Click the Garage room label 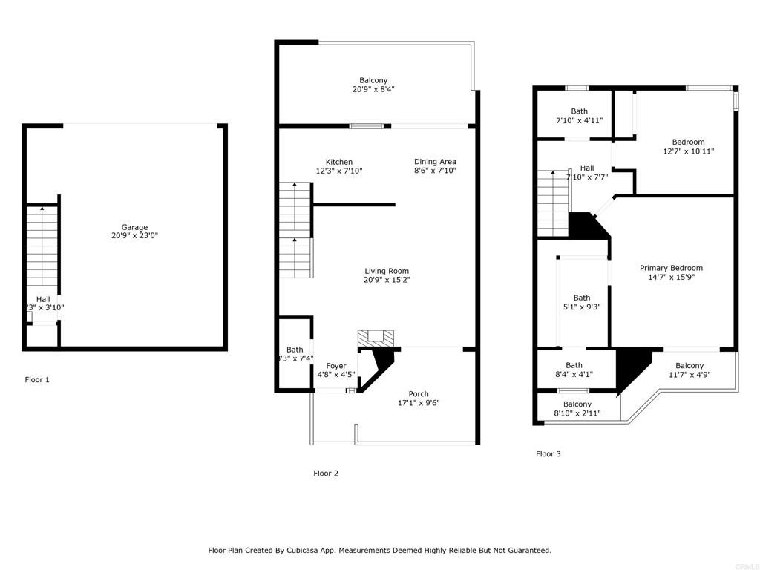pyautogui.click(x=134, y=227)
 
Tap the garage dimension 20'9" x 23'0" pyautogui.click(x=134, y=236)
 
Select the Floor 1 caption pyautogui.click(x=37, y=380)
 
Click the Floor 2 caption pyautogui.click(x=326, y=474)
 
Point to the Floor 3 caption pyautogui.click(x=548, y=454)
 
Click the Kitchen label pyautogui.click(x=339, y=162)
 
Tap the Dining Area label pyautogui.click(x=435, y=162)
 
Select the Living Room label pyautogui.click(x=387, y=271)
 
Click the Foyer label pyautogui.click(x=336, y=366)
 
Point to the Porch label pyautogui.click(x=419, y=394)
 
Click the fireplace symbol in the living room pyautogui.click(x=373, y=338)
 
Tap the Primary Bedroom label pyautogui.click(x=672, y=268)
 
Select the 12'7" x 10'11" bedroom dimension pyautogui.click(x=688, y=151)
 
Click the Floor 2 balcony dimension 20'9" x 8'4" pyautogui.click(x=373, y=89)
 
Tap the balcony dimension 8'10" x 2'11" pyautogui.click(x=577, y=413)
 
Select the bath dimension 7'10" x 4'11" pyautogui.click(x=579, y=120)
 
